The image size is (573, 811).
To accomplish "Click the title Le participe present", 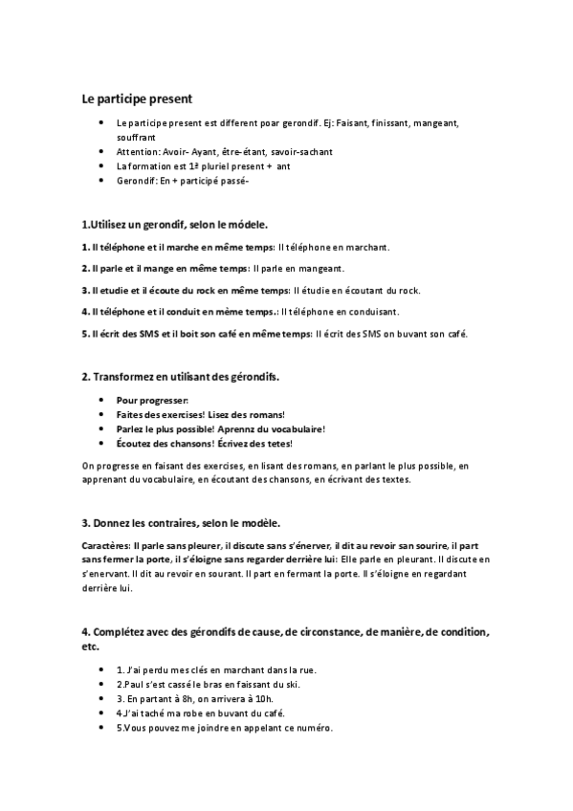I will click(x=137, y=98).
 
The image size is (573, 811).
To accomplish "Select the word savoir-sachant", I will click(x=298, y=151).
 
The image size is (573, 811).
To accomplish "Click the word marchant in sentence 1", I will click(x=365, y=247).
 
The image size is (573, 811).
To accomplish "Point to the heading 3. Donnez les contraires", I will click(x=181, y=523).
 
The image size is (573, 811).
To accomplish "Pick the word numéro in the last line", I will click(x=314, y=727).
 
